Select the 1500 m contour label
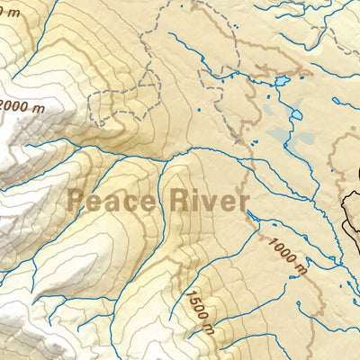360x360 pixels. click(200, 310)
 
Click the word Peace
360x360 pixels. click(109, 199)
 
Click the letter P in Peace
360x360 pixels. click(76, 199)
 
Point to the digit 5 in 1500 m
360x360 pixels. click(193, 301)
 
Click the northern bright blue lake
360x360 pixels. click(282, 81)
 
